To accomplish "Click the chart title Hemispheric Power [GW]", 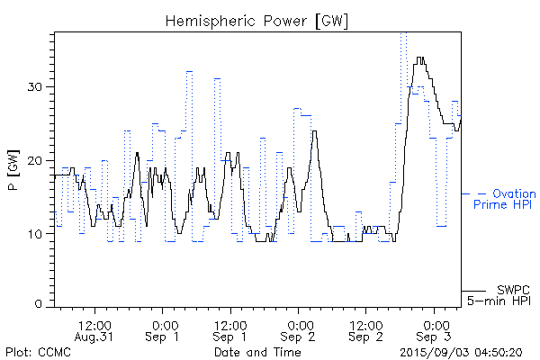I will (256, 20).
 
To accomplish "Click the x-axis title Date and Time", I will (257, 352).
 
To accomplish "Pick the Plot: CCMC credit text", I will (38, 352).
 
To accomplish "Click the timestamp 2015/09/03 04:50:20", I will (461, 352).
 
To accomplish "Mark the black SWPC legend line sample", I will (473, 290).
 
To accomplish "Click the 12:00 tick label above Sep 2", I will (365, 323).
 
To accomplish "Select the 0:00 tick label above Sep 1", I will (163, 323).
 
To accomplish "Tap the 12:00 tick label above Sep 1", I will (230, 323).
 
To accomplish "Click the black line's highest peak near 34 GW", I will (419, 58).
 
